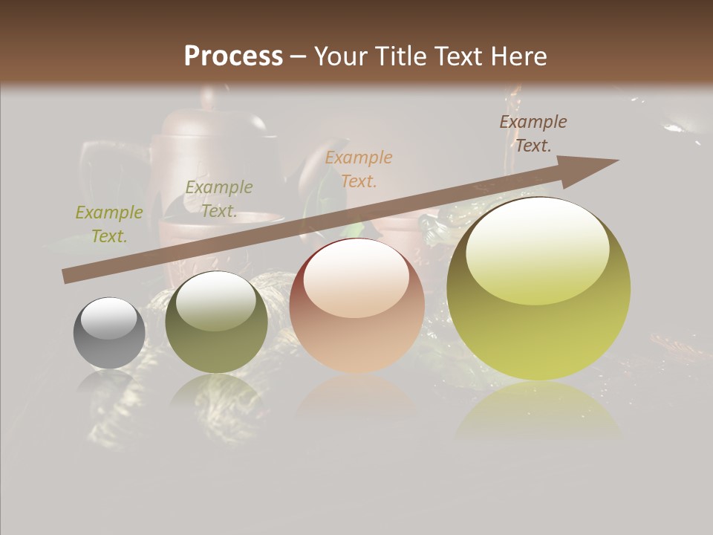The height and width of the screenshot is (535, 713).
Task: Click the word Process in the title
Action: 233,56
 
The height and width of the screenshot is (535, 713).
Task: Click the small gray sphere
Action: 109,333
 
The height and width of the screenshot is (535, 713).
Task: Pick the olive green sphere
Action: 216,322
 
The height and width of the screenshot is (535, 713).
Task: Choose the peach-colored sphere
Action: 356,306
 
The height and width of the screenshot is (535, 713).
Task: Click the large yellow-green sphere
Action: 538,288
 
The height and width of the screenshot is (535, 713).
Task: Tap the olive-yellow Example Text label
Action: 109,224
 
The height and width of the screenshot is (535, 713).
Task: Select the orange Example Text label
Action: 359,169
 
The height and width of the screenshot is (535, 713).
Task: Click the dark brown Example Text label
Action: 533,134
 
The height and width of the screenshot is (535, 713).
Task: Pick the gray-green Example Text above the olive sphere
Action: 218,199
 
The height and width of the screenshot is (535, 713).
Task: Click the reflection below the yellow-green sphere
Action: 538,412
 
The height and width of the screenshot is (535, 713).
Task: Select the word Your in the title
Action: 342,56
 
